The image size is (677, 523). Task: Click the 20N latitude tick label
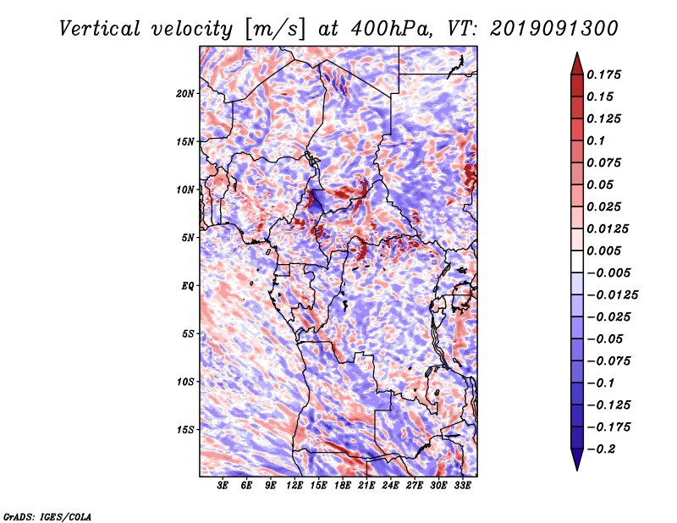click(x=185, y=93)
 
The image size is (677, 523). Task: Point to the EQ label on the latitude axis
click(x=188, y=285)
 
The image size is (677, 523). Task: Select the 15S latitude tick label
click(x=185, y=430)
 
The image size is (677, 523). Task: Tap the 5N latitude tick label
click(x=188, y=238)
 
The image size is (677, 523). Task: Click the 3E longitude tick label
click(x=223, y=485)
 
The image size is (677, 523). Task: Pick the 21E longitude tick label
click(x=366, y=485)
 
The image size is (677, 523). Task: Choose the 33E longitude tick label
click(x=462, y=485)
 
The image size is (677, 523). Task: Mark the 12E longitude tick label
click(x=294, y=485)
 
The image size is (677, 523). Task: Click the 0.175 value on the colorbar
click(x=603, y=74)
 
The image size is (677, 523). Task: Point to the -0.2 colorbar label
click(x=601, y=449)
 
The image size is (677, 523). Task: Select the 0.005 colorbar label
click(x=603, y=250)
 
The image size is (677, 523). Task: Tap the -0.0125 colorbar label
click(x=612, y=295)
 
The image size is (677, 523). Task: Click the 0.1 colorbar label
click(x=596, y=140)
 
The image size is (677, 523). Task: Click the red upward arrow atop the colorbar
click(x=577, y=63)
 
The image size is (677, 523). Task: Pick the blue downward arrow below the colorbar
click(x=577, y=460)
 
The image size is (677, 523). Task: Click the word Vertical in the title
click(x=100, y=29)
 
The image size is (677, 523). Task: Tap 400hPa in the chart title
click(x=391, y=29)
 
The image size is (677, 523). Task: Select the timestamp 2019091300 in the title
click(x=554, y=29)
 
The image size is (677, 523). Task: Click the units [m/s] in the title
click(x=274, y=30)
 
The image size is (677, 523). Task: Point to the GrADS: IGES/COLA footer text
click(x=47, y=516)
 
